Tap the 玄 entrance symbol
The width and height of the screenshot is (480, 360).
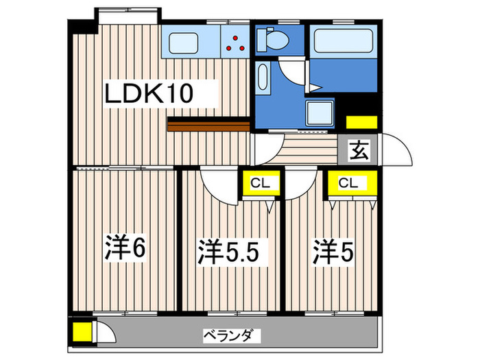click(357, 149)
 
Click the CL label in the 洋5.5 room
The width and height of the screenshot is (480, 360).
click(259, 183)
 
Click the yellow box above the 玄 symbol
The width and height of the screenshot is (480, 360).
click(360, 123)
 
